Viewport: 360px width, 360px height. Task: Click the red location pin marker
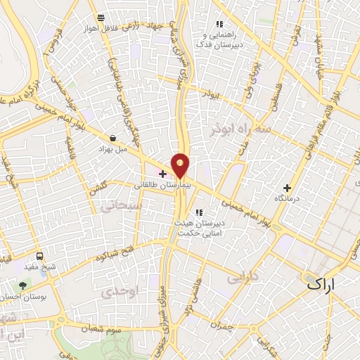[x=181, y=165]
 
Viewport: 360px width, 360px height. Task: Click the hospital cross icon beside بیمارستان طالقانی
[x=162, y=173]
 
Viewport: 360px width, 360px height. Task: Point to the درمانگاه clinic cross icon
[x=286, y=188]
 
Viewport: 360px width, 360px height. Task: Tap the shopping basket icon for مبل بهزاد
[x=113, y=139]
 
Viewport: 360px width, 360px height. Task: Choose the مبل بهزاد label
[x=112, y=150]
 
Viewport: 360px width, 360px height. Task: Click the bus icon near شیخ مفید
[x=39, y=257]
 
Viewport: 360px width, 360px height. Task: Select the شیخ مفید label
[x=39, y=268]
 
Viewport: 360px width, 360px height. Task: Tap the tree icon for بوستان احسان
[x=23, y=285]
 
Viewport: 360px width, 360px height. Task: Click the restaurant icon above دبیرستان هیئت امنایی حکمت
[x=199, y=212]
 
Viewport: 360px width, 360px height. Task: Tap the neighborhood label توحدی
[x=116, y=290]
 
